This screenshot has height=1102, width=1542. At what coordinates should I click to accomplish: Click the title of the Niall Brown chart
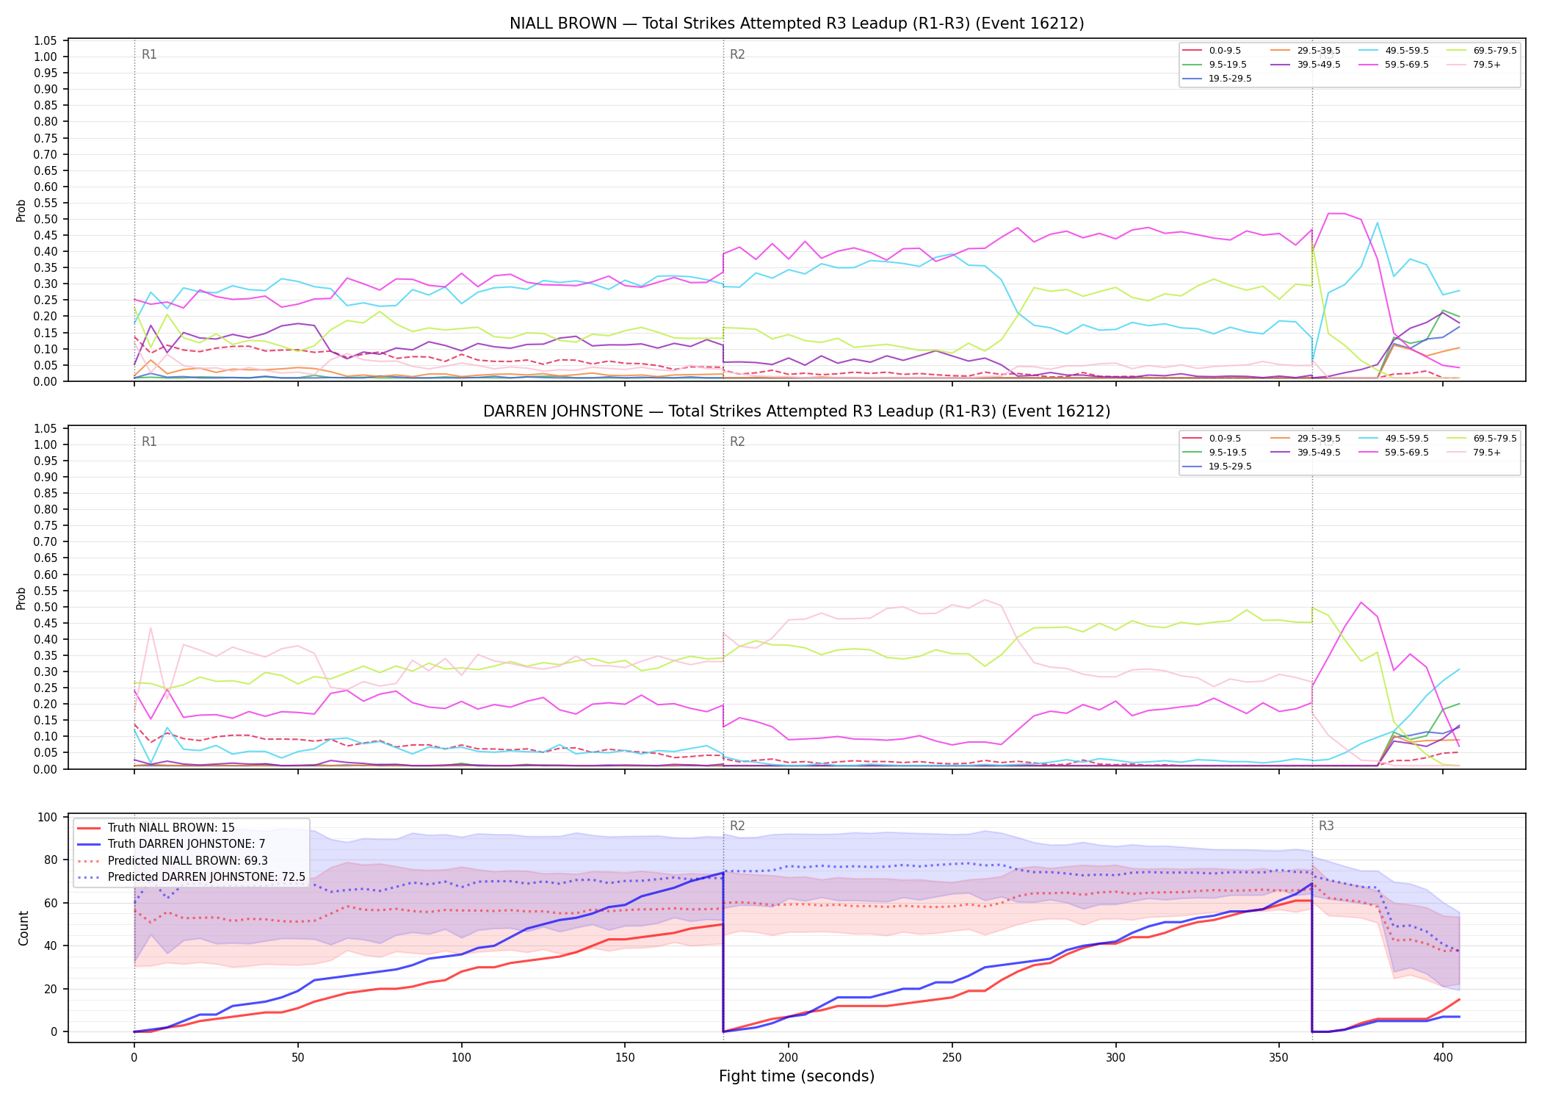click(797, 24)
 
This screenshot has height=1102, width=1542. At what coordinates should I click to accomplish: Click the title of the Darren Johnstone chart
click(797, 411)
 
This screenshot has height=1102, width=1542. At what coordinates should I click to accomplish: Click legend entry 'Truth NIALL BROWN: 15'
click(171, 828)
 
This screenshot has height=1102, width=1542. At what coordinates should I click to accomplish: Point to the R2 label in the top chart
click(737, 55)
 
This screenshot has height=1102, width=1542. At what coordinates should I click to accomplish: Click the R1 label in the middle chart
click(149, 442)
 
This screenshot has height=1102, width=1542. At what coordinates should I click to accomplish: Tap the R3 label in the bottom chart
click(1326, 826)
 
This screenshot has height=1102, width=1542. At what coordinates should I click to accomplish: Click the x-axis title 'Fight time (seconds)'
click(797, 1077)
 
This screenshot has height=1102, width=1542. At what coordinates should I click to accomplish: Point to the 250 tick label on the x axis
click(952, 1058)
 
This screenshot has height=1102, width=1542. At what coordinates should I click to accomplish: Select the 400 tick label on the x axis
click(1443, 1058)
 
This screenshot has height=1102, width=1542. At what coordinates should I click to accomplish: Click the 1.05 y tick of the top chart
click(46, 40)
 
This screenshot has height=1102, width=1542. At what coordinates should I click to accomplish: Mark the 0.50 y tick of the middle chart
click(46, 608)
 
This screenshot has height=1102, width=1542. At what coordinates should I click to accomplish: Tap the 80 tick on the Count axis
click(49, 860)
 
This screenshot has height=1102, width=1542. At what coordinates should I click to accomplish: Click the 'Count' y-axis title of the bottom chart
click(23, 928)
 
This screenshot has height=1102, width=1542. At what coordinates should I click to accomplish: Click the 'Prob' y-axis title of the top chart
click(21, 211)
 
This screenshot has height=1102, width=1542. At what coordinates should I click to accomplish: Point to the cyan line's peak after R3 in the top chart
click(1377, 223)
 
